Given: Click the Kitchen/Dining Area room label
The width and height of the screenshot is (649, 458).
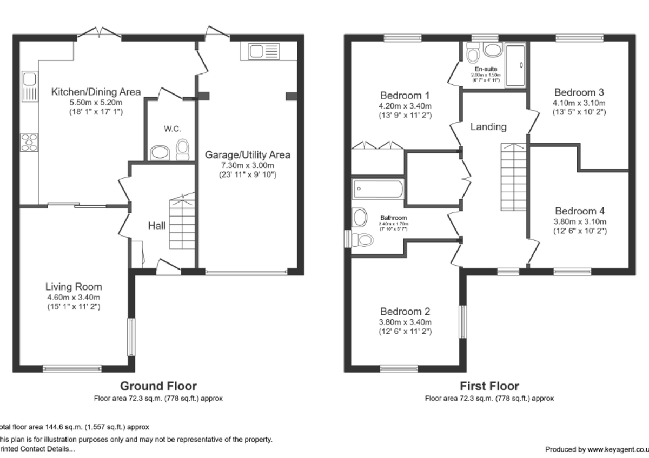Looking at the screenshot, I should point(96,92).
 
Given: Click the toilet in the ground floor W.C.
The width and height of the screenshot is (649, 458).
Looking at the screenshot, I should point(183,149).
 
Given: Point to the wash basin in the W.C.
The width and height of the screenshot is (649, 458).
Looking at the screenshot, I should point(160,153).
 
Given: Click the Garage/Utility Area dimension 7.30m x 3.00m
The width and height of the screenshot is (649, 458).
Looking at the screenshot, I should point(247,165).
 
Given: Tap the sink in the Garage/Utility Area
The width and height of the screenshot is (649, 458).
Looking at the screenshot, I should point(262,51).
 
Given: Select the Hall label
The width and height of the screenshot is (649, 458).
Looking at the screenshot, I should point(157,226).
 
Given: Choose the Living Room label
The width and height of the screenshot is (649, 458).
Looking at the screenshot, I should point(74,287).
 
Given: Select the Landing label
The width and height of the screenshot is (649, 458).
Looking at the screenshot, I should point(488,127).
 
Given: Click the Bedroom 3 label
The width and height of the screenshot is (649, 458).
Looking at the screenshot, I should point(579,92).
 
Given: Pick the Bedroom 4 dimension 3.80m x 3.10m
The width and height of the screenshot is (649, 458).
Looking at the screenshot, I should point(580,221).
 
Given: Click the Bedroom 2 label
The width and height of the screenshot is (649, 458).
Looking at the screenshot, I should point(405,312).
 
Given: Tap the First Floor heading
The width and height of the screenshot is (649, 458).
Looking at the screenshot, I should point(489,386).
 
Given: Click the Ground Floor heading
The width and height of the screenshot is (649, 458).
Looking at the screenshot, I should point(158,386).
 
